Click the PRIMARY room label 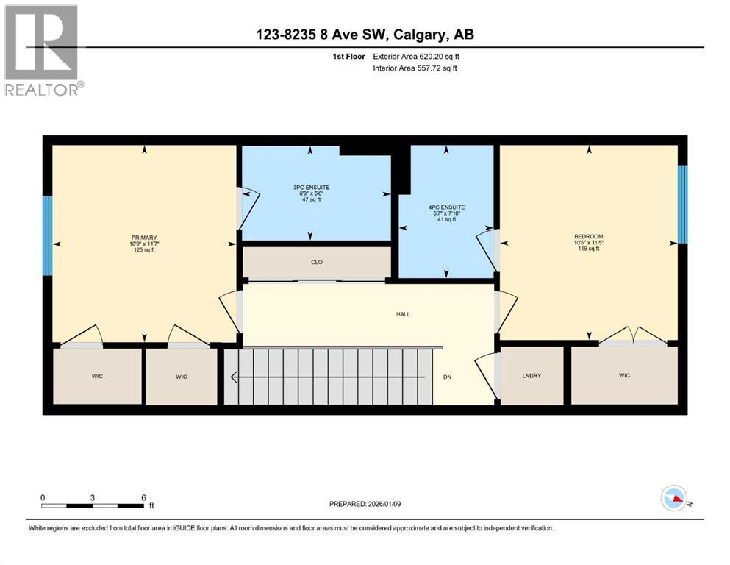(144, 238)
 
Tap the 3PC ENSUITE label (311, 188)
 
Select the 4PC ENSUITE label (445, 207)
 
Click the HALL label (402, 314)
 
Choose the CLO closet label (316, 262)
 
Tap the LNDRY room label (531, 376)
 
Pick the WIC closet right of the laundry (624, 376)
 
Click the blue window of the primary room (47, 235)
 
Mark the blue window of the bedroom (682, 204)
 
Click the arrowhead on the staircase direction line (235, 378)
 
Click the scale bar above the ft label (93, 505)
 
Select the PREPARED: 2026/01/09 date (365, 504)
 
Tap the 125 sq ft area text (144, 250)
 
